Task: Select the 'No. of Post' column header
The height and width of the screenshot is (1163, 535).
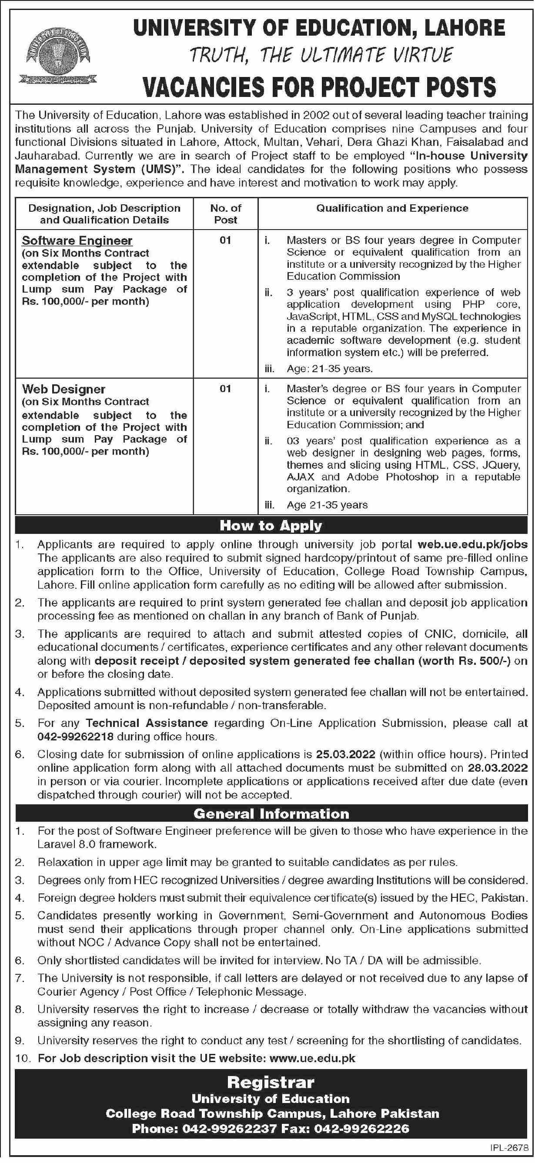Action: (x=225, y=213)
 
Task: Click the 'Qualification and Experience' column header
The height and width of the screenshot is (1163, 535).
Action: (x=392, y=208)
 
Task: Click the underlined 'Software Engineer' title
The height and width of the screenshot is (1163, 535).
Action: (x=77, y=240)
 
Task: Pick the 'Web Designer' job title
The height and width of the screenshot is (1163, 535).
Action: (x=64, y=389)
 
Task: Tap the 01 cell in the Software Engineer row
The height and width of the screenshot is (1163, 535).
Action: (x=225, y=240)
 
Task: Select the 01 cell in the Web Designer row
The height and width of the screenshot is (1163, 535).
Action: (x=225, y=388)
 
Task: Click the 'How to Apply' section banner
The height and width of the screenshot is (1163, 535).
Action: (x=271, y=525)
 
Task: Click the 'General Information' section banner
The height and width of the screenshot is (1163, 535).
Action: (x=271, y=813)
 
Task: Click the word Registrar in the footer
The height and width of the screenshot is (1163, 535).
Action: (x=271, y=1083)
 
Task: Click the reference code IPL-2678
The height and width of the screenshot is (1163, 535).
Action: (x=508, y=1147)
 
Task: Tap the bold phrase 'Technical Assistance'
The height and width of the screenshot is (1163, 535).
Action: (x=147, y=723)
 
